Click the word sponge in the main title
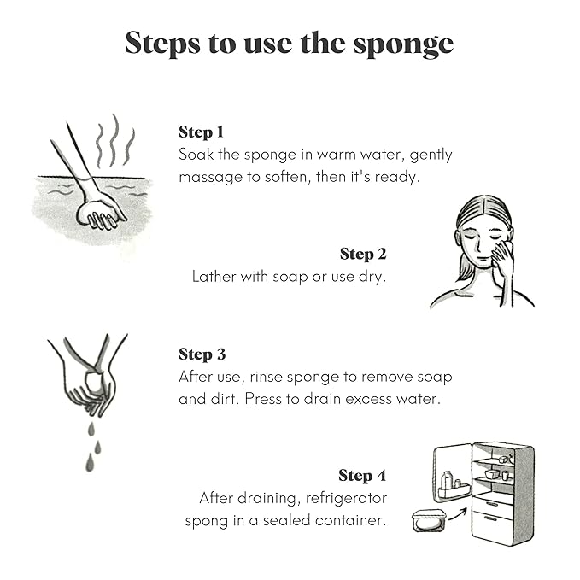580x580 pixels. (403, 45)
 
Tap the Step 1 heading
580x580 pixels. (201, 132)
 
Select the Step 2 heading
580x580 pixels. (363, 254)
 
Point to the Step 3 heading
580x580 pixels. (202, 354)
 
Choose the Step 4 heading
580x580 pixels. (362, 476)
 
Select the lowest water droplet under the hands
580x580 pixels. (90, 463)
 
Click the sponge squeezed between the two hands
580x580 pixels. (93, 382)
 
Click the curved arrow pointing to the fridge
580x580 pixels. (458, 514)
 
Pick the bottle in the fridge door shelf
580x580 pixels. (448, 480)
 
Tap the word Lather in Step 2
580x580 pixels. (214, 276)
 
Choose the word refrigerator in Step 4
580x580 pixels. (346, 499)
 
